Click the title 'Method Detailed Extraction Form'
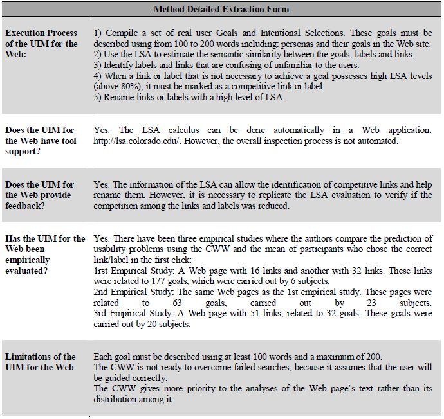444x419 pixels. coord(221,9)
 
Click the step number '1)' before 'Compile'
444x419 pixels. coord(98,33)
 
